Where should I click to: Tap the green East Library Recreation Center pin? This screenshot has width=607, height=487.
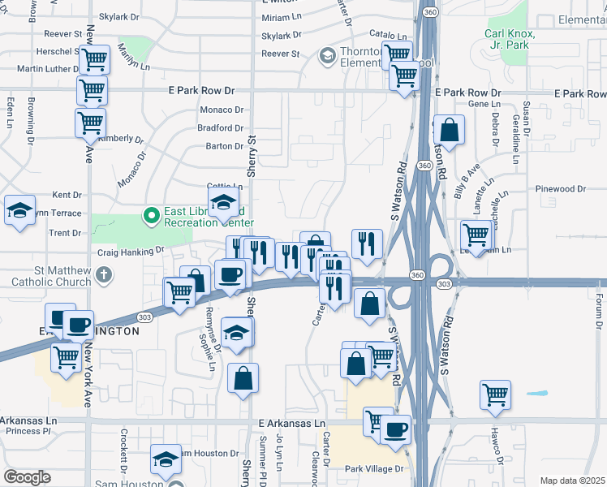[x=150, y=216]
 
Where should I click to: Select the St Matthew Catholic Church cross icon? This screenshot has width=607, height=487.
[x=102, y=275]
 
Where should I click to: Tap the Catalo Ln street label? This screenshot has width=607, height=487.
[x=388, y=36]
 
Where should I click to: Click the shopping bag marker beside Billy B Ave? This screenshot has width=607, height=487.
[x=449, y=130]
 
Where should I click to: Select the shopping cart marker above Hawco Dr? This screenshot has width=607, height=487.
[x=495, y=395]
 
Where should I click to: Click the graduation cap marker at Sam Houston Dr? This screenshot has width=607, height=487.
[x=166, y=459]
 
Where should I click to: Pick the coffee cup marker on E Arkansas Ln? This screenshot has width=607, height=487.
[x=395, y=429]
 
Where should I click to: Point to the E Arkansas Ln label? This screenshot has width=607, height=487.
[x=291, y=424]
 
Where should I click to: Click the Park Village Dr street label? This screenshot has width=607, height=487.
[x=374, y=469]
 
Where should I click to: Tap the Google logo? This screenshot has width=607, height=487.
[x=28, y=477]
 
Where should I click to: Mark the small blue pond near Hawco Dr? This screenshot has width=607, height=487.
[x=537, y=394]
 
